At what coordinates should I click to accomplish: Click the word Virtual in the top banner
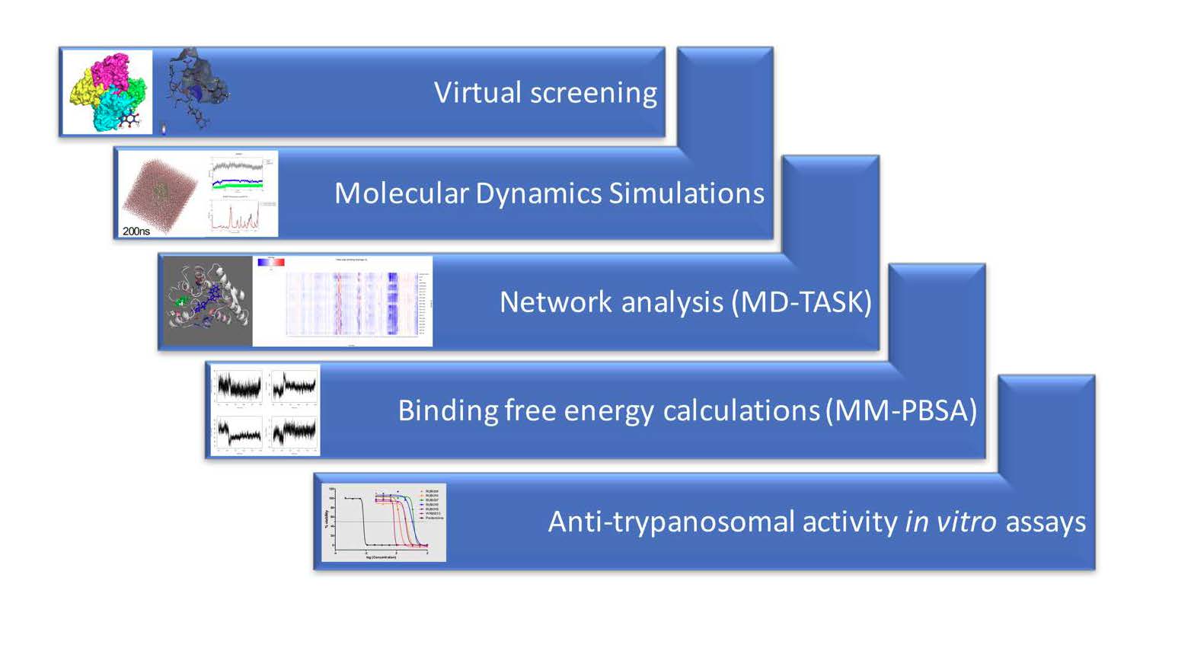[x=477, y=92]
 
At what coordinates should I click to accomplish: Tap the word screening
[x=593, y=94]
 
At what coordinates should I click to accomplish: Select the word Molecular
[x=401, y=193]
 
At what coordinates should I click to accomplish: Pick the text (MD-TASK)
[x=801, y=302]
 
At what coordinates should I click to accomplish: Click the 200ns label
[x=136, y=231]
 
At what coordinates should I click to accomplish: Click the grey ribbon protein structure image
[x=207, y=302]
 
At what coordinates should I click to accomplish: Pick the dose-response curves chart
[x=383, y=522]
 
